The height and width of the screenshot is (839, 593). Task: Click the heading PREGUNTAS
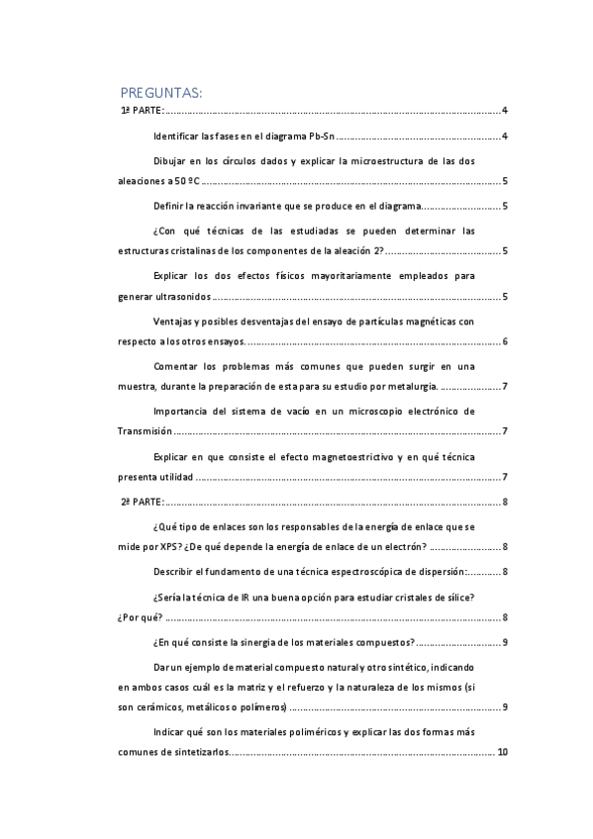[x=160, y=93]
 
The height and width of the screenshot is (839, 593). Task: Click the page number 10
[x=503, y=752]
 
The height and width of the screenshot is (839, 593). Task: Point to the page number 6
[x=505, y=341]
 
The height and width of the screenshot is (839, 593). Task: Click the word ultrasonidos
[x=183, y=296]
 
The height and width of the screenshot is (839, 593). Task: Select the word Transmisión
[x=145, y=431]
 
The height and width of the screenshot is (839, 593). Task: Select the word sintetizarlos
[x=198, y=752]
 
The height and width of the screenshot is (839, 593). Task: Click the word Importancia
[x=182, y=411]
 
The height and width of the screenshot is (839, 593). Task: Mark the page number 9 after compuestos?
[x=505, y=643]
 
